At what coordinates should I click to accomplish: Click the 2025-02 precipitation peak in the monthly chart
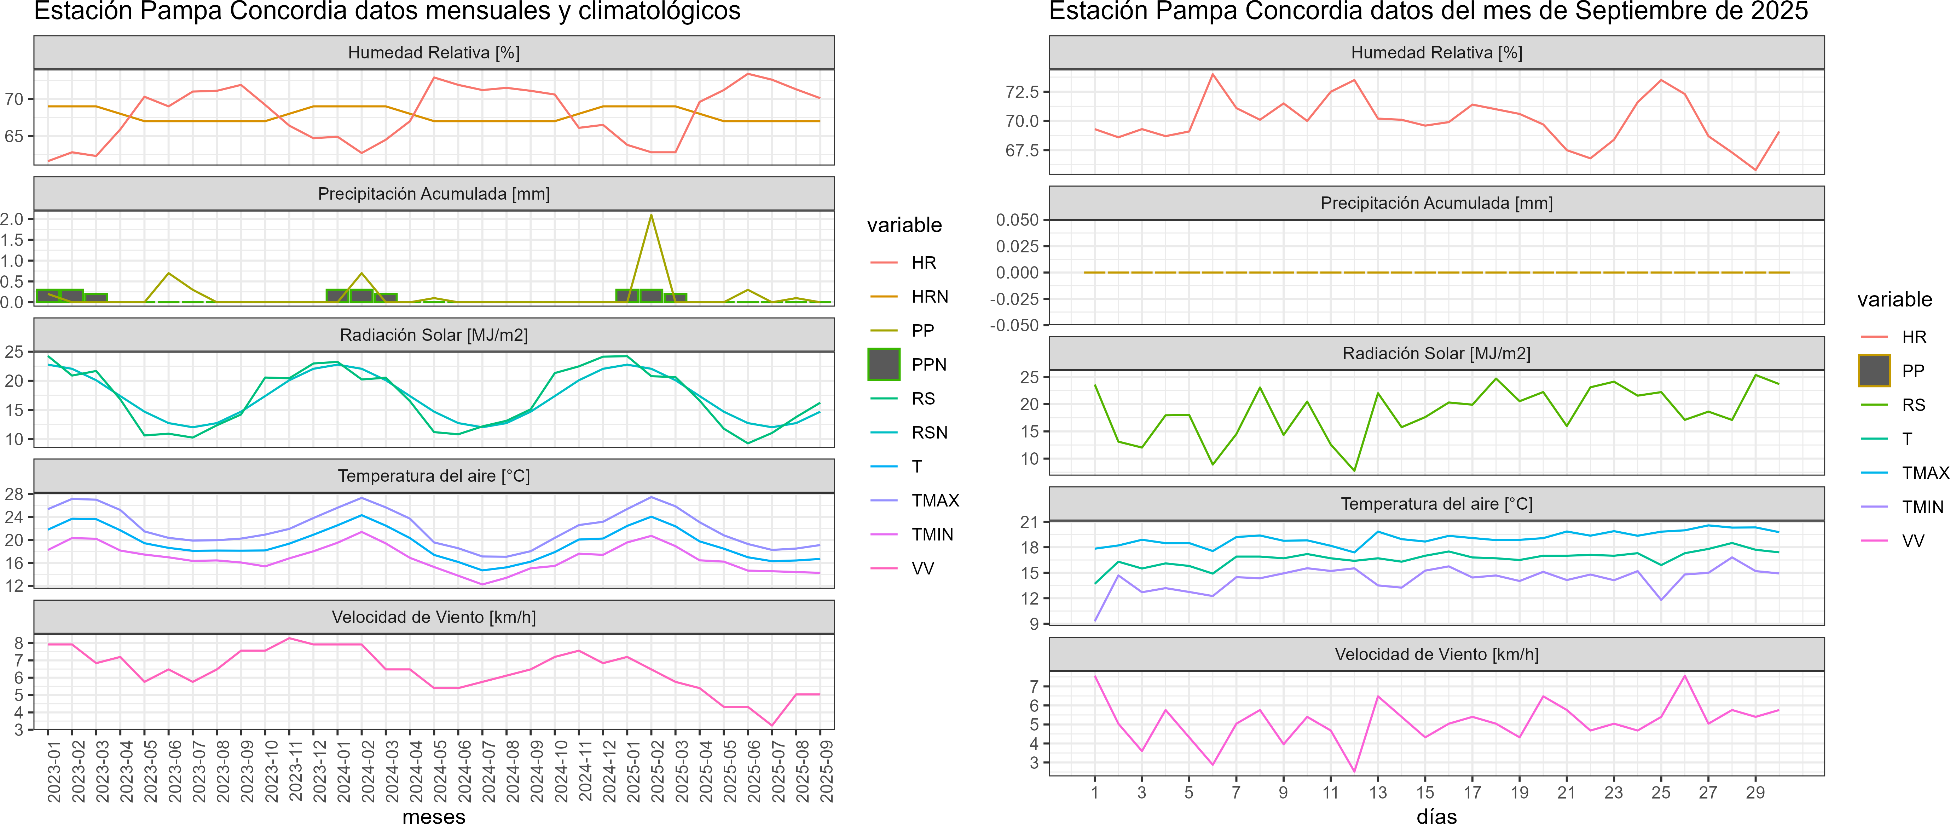pos(651,215)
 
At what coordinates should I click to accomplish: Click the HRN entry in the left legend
pos(930,297)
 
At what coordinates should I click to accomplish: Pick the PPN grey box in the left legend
pos(884,364)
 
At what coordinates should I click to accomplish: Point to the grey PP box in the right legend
pos(1874,370)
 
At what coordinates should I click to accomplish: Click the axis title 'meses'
pos(434,816)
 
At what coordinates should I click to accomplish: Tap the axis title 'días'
pos(1436,816)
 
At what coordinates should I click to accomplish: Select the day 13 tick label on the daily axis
pos(1378,793)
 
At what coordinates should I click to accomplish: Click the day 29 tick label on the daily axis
pos(1755,793)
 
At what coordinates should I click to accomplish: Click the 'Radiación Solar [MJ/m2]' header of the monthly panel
pos(434,335)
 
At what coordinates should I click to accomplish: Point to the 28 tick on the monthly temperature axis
pos(14,494)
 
